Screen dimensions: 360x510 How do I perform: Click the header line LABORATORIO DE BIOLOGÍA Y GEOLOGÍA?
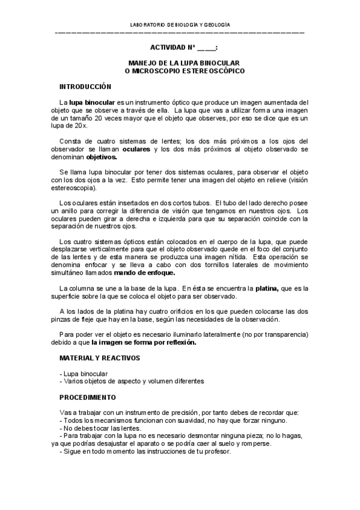(180, 25)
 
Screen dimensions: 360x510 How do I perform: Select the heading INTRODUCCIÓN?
(85, 87)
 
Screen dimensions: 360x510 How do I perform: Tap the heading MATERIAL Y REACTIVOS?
(99, 358)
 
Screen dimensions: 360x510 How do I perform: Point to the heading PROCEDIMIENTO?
(88, 398)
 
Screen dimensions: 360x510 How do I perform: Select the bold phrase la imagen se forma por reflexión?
(144, 343)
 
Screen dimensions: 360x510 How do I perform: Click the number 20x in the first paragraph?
(79, 126)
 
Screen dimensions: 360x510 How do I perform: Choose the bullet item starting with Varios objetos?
(132, 381)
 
